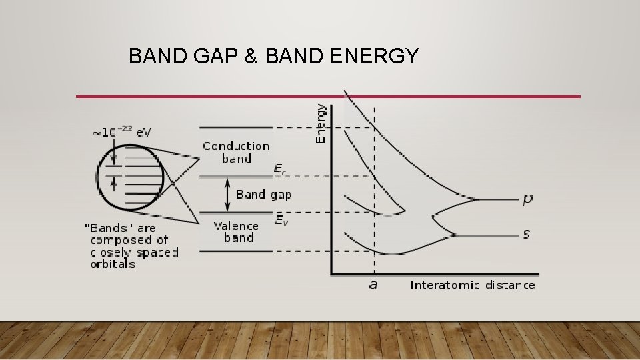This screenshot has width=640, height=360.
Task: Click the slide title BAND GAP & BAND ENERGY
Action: [273, 56]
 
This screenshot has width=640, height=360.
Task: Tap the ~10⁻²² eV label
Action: [121, 132]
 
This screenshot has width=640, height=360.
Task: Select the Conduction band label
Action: [236, 152]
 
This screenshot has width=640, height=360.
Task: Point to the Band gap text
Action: [263, 195]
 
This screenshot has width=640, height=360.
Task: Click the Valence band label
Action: [236, 231]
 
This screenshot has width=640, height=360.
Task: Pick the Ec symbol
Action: [281, 170]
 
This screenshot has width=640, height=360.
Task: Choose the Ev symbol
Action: [281, 219]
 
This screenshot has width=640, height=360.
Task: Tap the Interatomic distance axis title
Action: [472, 285]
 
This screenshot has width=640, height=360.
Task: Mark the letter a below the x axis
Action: [373, 285]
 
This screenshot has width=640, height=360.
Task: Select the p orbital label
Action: [527, 199]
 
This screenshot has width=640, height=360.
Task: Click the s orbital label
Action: [527, 235]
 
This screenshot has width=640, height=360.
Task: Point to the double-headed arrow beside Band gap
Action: [227, 195]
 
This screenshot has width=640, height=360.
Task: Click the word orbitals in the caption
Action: [113, 264]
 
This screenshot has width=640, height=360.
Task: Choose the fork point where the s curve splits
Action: [456, 235]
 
